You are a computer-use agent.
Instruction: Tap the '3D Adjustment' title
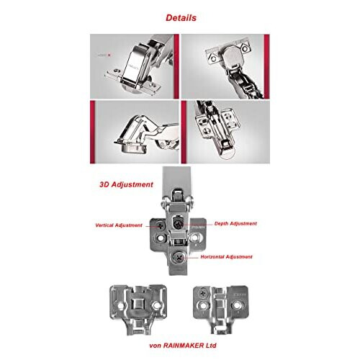tap(126, 184)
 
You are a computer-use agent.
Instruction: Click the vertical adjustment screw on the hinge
tap(158, 228)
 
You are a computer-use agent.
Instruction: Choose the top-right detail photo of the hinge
tap(225, 59)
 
